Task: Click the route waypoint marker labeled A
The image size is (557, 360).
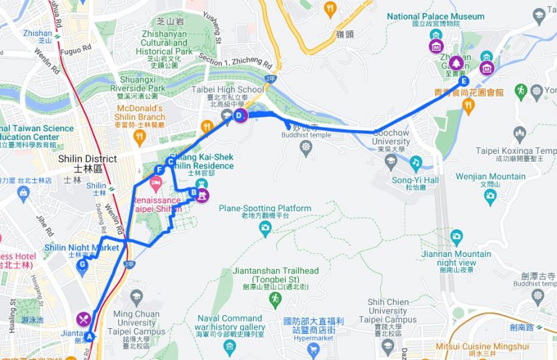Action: (90, 337)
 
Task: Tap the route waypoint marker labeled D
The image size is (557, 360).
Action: (242, 115)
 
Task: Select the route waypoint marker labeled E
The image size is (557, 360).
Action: (463, 81)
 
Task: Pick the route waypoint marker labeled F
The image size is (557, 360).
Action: (158, 170)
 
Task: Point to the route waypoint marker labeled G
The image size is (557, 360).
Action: (83, 265)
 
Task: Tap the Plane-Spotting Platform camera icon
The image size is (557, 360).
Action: (265, 229)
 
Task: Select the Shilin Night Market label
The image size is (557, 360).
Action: (81, 247)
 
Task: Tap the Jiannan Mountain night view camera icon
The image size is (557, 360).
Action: (456, 236)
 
